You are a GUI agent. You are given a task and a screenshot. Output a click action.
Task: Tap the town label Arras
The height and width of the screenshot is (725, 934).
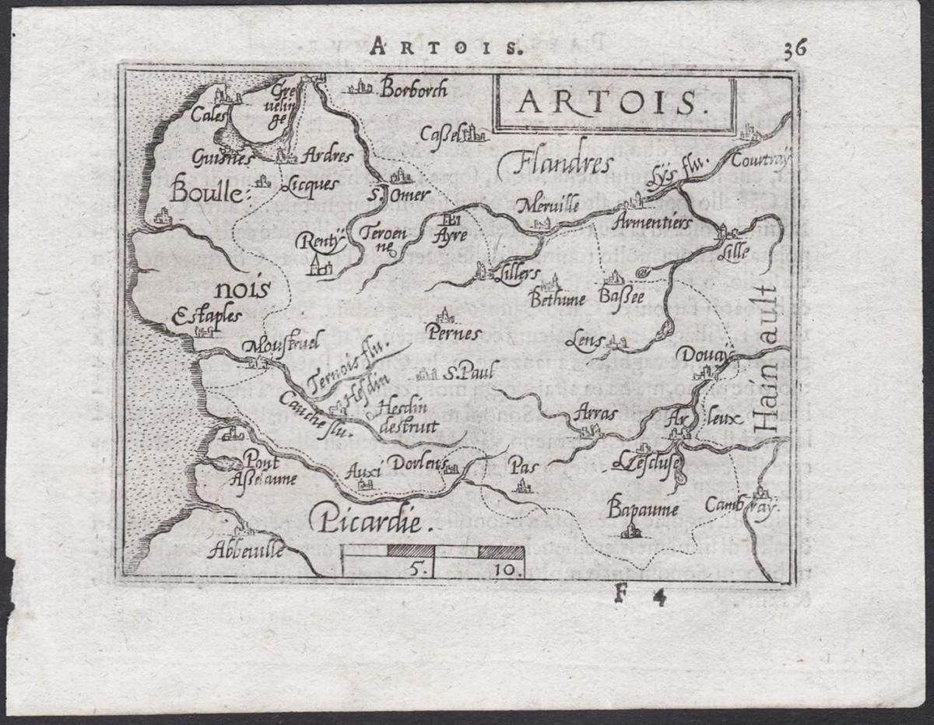[593, 413]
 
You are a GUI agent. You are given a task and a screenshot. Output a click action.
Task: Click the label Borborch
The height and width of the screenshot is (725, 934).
[413, 90]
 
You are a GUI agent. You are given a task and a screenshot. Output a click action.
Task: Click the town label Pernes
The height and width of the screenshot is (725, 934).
[455, 334]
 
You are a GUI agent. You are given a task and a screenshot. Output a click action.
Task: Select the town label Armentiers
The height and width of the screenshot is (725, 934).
[651, 223]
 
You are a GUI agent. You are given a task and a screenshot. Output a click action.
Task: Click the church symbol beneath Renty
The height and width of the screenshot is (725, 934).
[317, 268]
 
